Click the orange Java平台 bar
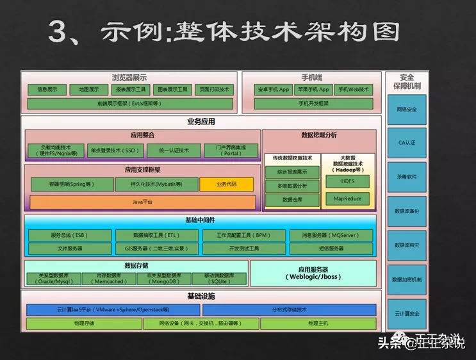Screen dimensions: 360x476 coord(142,202)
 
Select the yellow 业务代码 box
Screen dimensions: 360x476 coord(226,184)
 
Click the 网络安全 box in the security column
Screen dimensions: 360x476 coord(406,110)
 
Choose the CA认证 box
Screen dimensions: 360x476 coord(406,143)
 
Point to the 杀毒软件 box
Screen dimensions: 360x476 coord(406,177)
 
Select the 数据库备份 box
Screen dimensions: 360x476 coord(406,211)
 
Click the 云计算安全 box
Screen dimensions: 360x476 coord(406,314)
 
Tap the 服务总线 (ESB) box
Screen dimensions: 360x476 coord(70,235)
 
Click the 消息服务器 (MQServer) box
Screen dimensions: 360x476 coord(331,235)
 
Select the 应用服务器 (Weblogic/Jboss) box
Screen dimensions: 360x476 coord(313,274)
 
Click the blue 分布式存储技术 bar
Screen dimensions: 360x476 coord(316,310)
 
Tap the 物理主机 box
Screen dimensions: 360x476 coord(317,324)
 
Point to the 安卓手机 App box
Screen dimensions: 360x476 coord(272,90)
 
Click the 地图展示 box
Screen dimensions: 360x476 coord(88,90)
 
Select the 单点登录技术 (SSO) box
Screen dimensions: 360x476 coord(115,151)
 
